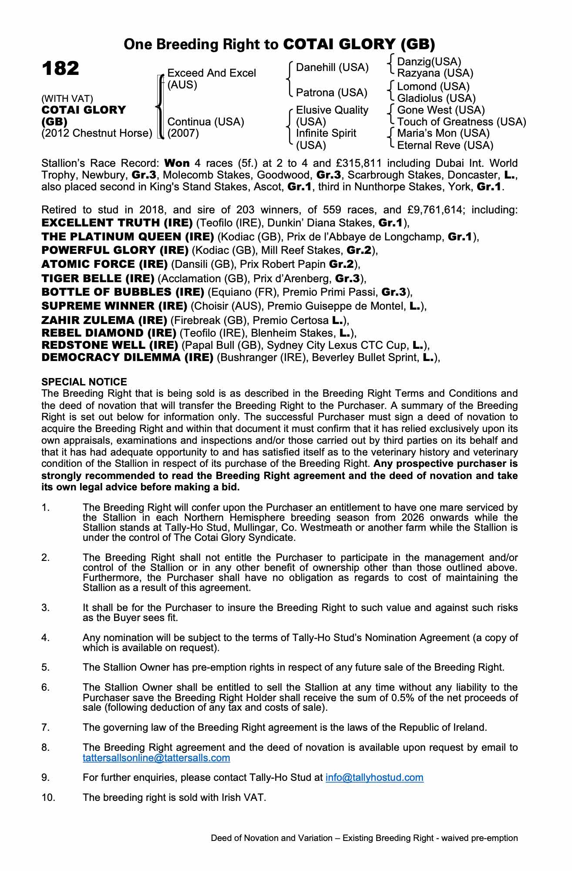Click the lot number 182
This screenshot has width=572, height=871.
[61, 69]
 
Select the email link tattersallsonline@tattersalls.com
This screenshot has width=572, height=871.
[156, 758]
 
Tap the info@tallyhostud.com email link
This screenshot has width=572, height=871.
[374, 777]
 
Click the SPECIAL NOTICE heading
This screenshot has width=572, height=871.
[84, 382]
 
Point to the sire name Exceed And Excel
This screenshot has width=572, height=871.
[212, 73]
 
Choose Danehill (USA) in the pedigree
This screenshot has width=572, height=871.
[332, 68]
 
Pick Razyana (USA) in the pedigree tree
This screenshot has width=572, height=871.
[435, 73]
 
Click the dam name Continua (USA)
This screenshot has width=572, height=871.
[205, 122]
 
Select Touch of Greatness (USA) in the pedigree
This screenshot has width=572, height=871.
[461, 122]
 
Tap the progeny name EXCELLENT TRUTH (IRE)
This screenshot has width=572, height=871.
[117, 223]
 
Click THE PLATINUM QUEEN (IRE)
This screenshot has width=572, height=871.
[128, 237]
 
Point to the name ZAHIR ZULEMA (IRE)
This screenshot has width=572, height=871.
[104, 321]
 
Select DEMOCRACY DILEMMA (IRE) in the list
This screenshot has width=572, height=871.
[128, 358]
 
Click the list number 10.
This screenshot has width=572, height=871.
[48, 797]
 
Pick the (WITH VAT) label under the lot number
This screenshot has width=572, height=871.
[67, 99]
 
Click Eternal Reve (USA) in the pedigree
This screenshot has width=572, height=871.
[445, 145]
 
